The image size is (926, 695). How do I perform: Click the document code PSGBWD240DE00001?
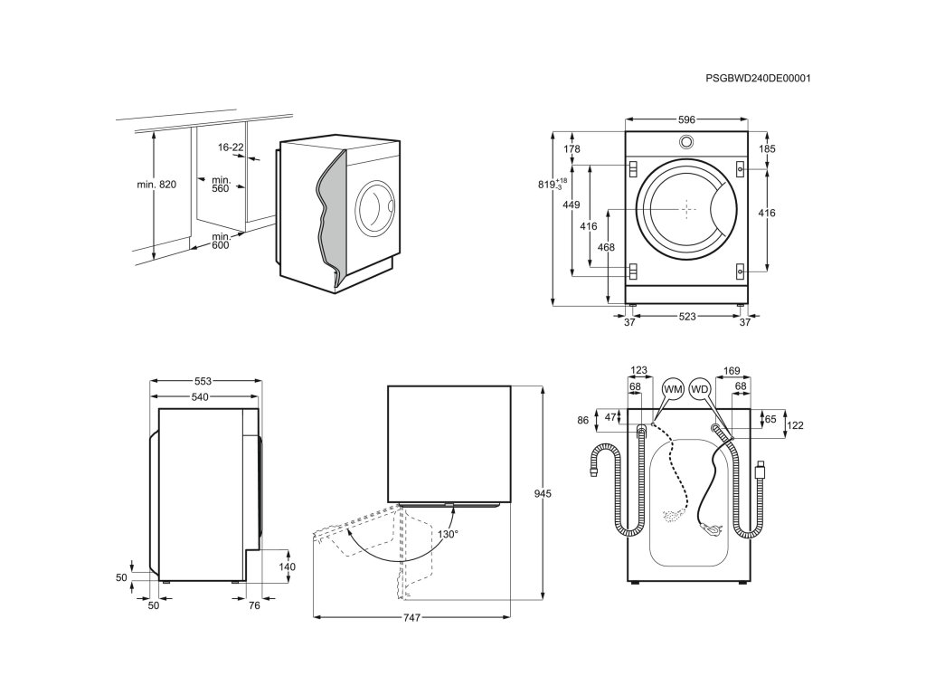tap(758, 79)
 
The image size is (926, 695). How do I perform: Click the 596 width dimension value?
tap(686, 119)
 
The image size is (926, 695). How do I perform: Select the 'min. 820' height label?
tap(156, 185)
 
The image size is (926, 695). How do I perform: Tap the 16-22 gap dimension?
tap(231, 147)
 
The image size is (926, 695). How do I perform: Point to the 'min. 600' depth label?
tap(222, 241)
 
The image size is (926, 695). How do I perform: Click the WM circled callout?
tap(672, 389)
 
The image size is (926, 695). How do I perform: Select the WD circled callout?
tap(699, 389)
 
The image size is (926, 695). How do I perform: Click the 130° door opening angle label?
tap(449, 534)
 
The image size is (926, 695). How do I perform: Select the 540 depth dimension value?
tap(200, 397)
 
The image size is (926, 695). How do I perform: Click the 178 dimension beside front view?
tap(571, 149)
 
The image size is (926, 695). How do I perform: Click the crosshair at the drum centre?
tap(686, 210)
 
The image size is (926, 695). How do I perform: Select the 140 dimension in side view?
tap(288, 566)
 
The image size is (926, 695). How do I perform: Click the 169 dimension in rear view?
tap(732, 369)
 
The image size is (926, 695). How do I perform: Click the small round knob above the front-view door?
tap(686, 142)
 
